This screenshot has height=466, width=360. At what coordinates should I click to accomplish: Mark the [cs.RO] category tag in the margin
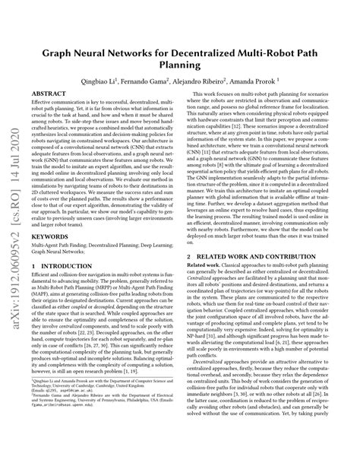pos(16,144)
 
